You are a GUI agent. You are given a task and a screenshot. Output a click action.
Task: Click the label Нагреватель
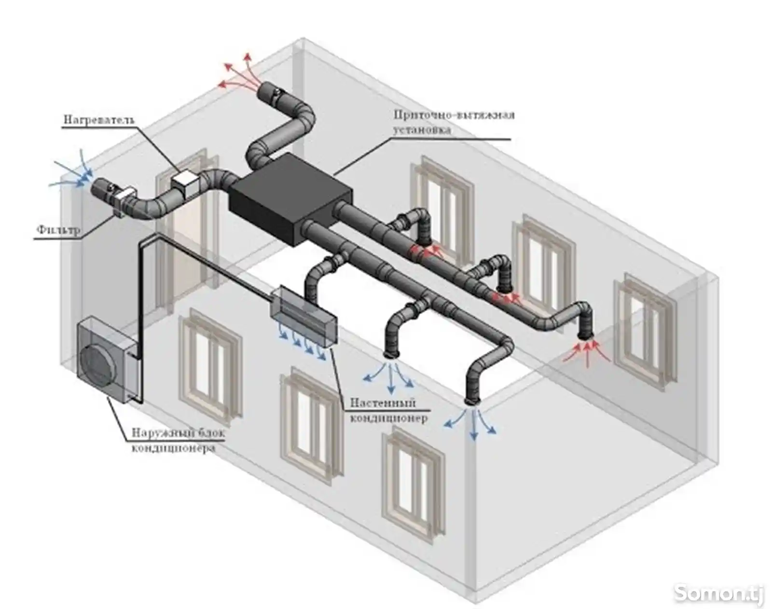click(x=99, y=120)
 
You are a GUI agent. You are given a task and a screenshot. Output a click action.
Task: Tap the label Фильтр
click(x=58, y=230)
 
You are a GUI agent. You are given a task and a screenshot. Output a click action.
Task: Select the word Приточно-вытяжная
click(x=454, y=115)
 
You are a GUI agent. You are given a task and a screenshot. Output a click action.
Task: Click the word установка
click(x=422, y=129)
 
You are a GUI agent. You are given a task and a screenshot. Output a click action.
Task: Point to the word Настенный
click(x=383, y=402)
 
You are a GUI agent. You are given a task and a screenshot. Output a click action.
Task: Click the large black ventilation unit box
click(x=290, y=199)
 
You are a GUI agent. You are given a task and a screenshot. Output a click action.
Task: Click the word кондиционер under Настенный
click(x=388, y=418)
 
